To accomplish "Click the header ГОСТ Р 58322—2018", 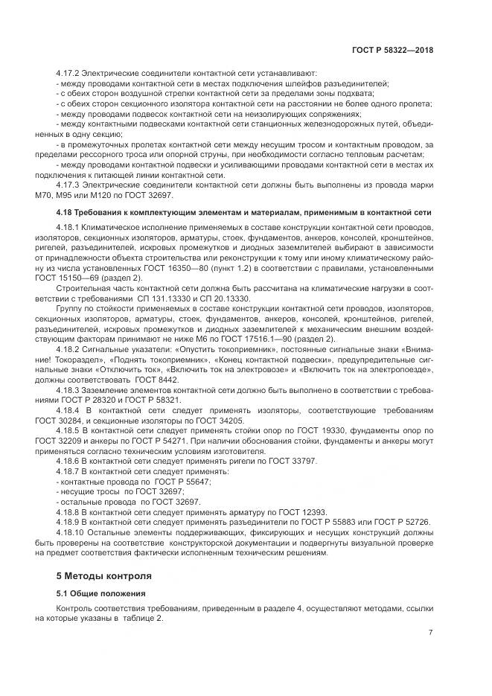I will (x=392, y=50).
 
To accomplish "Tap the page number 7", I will (x=430, y=633).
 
